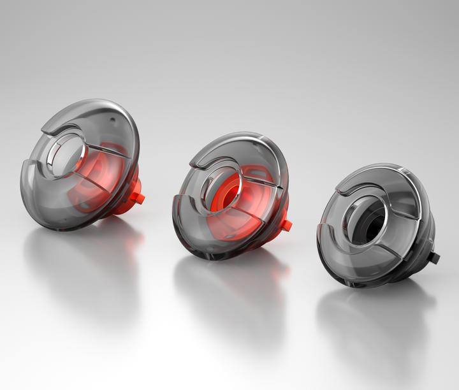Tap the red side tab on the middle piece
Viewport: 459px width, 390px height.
pyautogui.click(x=286, y=225)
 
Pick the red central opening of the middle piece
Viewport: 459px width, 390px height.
pyautogui.click(x=227, y=191)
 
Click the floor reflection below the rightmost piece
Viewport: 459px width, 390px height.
pyautogui.click(x=376, y=325)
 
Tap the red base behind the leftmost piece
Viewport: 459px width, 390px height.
pyautogui.click(x=131, y=188)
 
